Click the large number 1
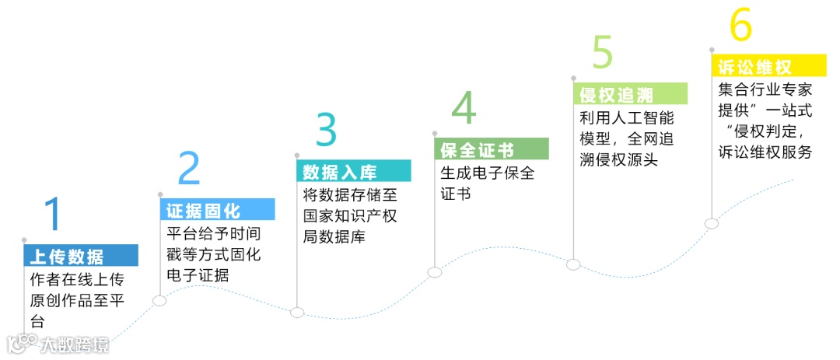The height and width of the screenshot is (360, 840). tap(52, 214)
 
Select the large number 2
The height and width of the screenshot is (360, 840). tap(189, 168)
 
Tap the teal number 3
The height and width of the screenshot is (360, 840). tap(327, 130)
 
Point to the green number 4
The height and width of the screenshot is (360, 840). tap(464, 109)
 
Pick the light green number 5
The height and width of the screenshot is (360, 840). tap(603, 53)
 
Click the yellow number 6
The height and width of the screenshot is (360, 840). tap(740, 26)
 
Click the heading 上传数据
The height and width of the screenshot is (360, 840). tap(66, 257)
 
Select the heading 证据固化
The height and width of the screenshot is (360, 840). tap(203, 211)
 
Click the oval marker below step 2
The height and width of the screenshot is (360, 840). tap(159, 301)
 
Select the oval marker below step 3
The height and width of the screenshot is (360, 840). tap(296, 312)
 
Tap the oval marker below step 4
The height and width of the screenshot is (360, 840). tap(435, 272)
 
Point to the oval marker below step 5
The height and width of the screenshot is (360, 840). tap(573, 264)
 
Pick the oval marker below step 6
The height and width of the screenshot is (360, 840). tap(711, 223)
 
